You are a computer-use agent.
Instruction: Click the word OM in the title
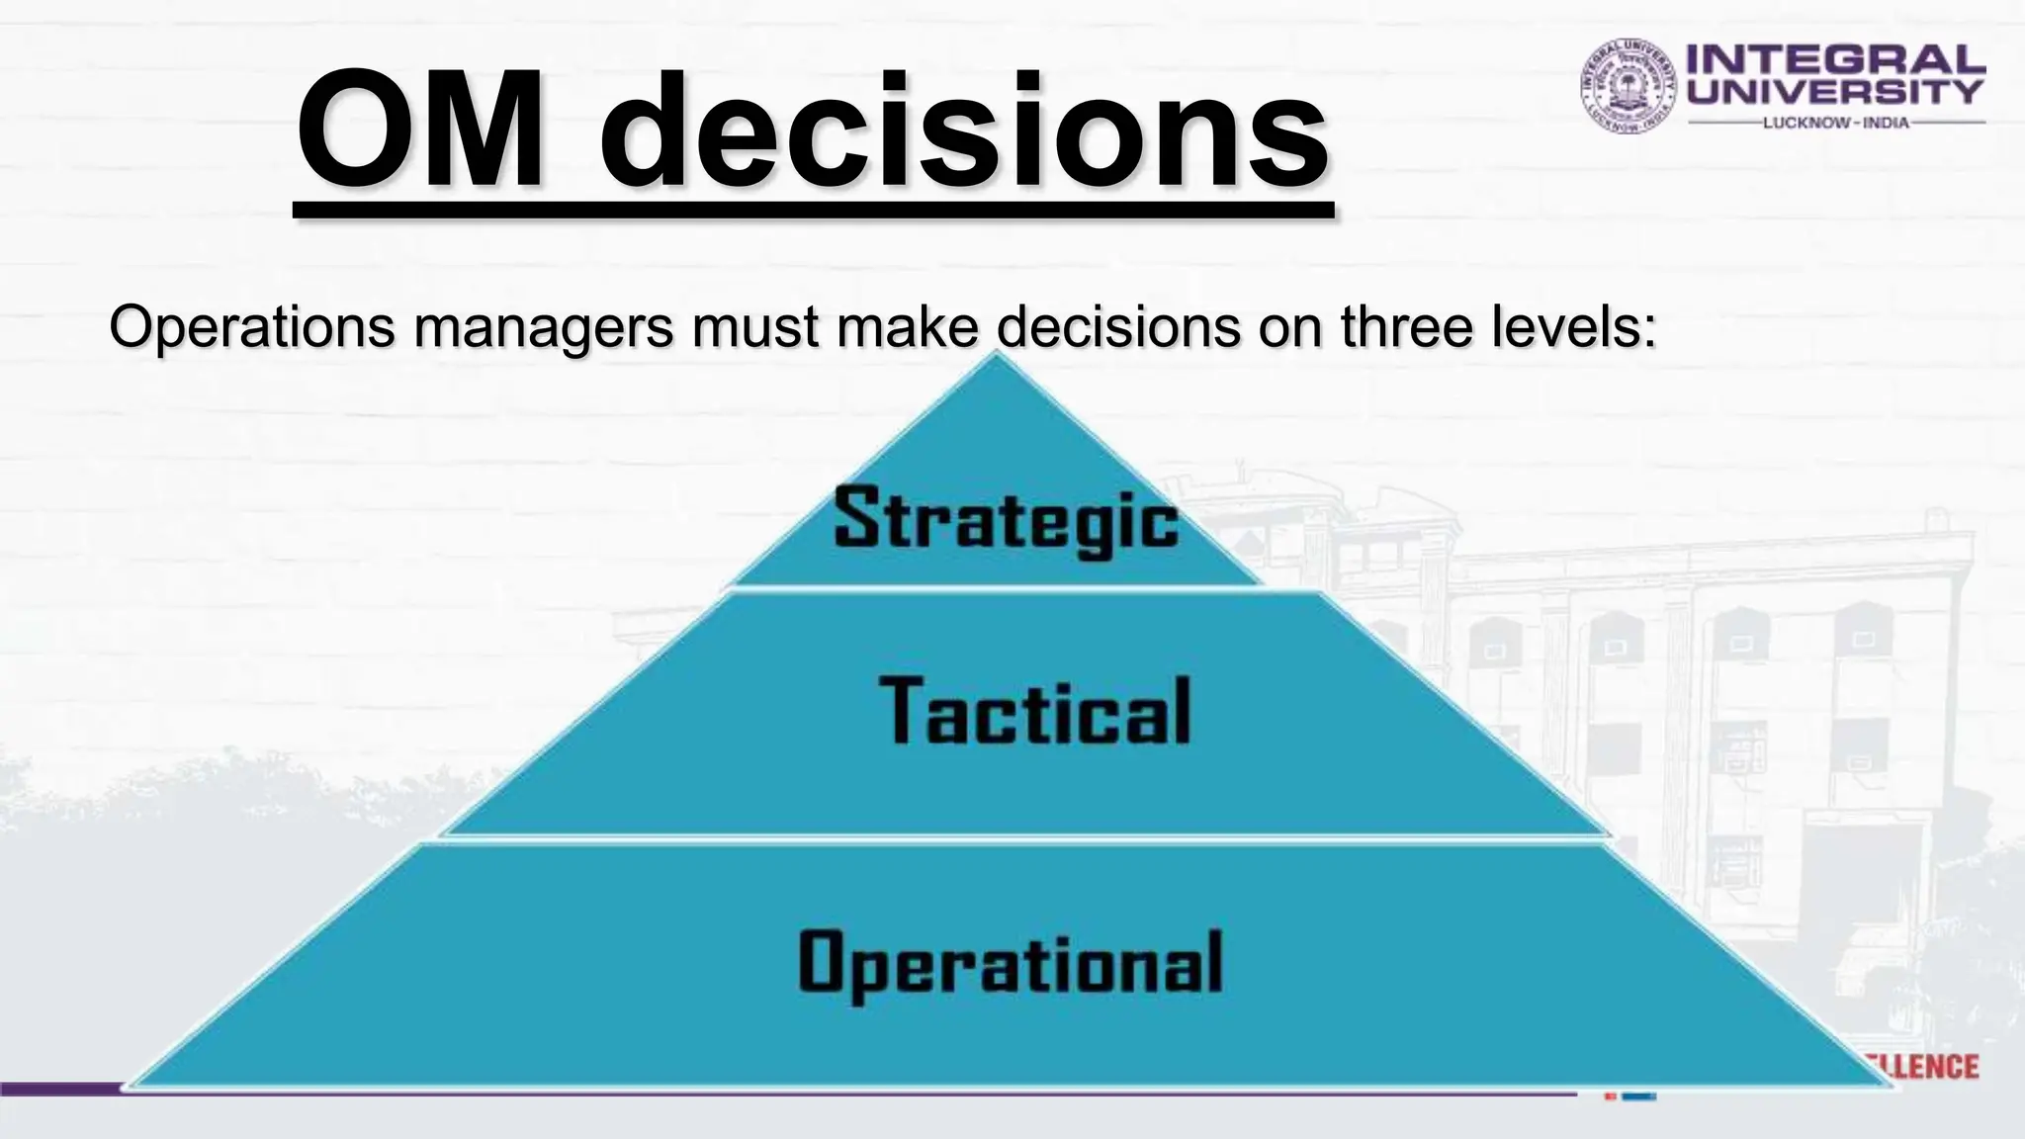pos(420,131)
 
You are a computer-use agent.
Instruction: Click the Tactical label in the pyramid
pos(1035,711)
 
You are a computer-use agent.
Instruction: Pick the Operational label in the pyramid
pos(1011,962)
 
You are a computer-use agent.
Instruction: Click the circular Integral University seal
pos(1629,86)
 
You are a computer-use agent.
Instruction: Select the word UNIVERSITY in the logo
pos(1835,92)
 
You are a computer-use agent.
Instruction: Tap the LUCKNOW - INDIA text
pos(1836,123)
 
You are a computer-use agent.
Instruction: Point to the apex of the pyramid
pos(996,358)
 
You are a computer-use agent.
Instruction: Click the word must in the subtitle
pos(755,328)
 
